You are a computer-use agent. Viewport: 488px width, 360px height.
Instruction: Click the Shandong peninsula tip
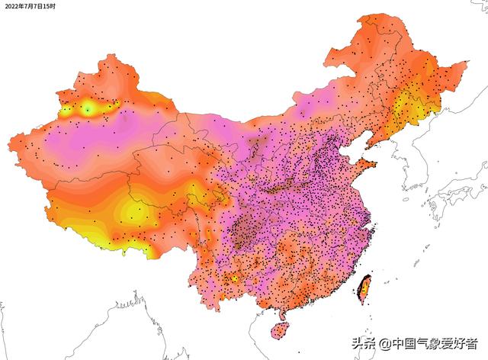376,162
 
